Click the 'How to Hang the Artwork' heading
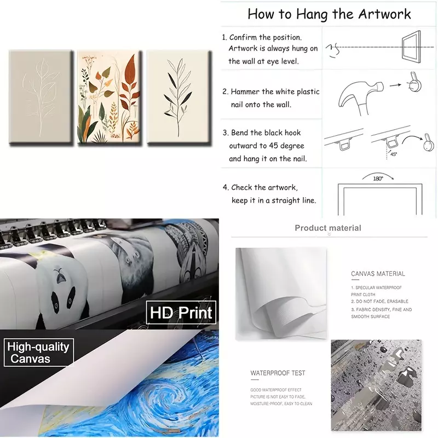click(329, 14)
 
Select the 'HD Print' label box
click(181, 312)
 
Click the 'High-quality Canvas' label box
click(38, 352)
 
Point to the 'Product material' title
click(328, 228)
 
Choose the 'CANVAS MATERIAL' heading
click(378, 274)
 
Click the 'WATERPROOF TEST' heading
click(278, 373)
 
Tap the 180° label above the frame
click(378, 178)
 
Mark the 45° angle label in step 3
click(394, 154)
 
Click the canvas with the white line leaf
click(41, 96)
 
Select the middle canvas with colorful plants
click(109, 97)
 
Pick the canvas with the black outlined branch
click(179, 97)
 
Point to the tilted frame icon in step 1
click(411, 46)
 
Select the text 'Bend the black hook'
click(266, 132)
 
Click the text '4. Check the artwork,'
click(260, 187)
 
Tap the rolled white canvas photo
click(281, 293)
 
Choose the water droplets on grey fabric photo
click(376, 385)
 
